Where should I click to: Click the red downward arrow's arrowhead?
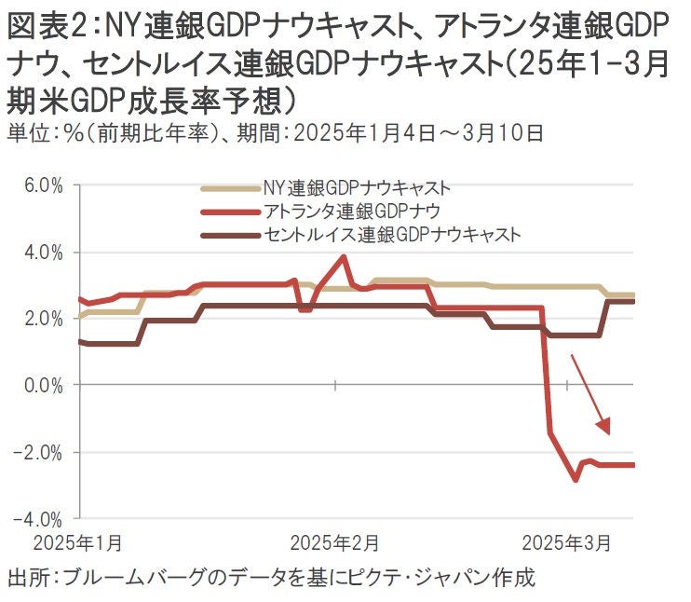pos(606,428)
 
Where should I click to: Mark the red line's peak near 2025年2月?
pos(345,256)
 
